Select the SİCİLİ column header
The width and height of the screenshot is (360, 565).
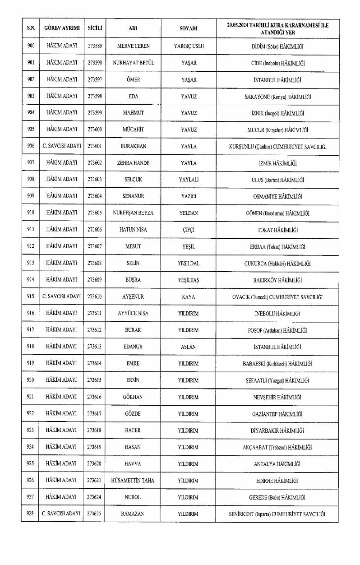95,28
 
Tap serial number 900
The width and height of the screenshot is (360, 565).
31,46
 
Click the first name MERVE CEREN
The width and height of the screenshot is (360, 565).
133,46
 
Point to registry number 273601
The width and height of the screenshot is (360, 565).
95,147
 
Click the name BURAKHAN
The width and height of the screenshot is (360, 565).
133,147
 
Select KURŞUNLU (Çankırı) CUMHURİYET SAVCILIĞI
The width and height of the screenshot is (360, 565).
277,147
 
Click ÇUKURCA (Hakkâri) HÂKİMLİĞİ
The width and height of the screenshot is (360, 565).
277,264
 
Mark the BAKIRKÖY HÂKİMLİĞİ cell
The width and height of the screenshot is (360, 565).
277,280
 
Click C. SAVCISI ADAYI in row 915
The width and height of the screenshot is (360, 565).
61,297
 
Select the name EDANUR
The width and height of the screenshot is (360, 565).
133,347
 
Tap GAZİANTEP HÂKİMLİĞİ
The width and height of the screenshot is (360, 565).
277,414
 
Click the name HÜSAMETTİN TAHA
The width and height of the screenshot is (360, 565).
133,481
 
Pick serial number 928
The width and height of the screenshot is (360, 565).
31,514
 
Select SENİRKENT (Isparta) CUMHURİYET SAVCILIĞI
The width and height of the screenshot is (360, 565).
277,514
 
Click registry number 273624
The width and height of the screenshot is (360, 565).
95,497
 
